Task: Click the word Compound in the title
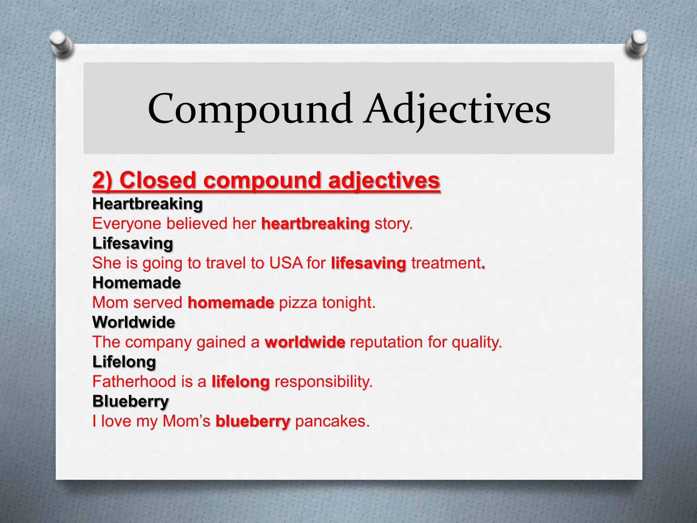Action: tap(250, 109)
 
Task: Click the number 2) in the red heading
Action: tap(102, 180)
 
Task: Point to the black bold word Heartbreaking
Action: tap(147, 204)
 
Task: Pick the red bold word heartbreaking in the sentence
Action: tap(315, 224)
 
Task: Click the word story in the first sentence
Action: tap(393, 224)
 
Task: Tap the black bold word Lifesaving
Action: tap(133, 243)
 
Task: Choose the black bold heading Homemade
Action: tap(136, 283)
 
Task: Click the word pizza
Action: tap(298, 303)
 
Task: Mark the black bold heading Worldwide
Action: tap(134, 322)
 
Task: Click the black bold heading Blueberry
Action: tap(130, 401)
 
